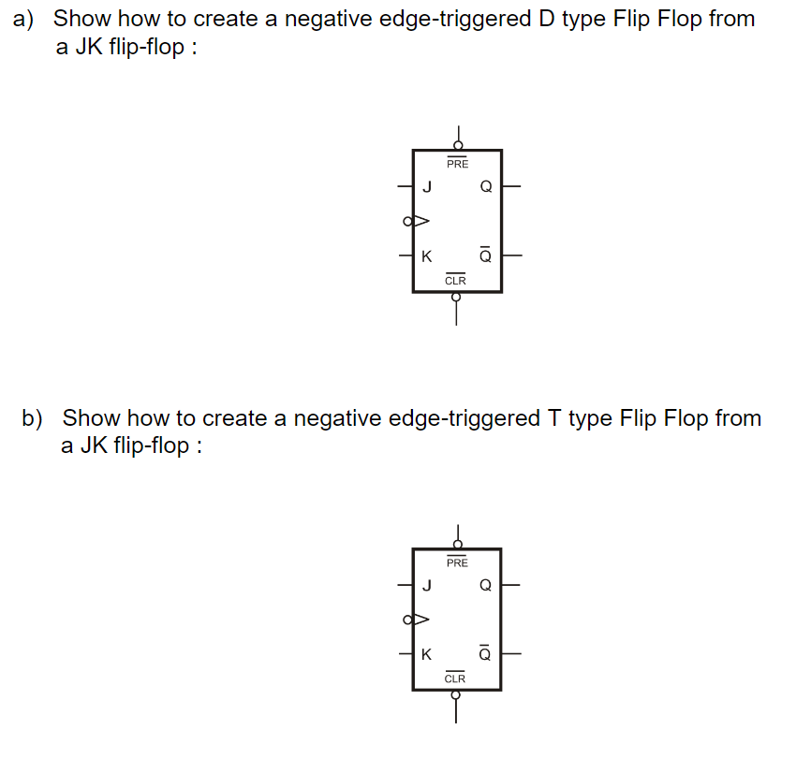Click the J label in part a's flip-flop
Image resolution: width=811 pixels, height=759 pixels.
[427, 186]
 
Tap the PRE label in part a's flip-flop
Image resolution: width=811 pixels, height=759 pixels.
[457, 164]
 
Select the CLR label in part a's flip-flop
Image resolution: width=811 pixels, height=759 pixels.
[456, 280]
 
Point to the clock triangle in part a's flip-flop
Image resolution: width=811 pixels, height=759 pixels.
[421, 222]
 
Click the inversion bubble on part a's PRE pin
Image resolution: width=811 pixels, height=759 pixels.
[457, 145]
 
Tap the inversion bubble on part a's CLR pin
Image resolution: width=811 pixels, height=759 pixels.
[457, 297]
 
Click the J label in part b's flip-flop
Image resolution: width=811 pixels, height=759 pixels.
[427, 586]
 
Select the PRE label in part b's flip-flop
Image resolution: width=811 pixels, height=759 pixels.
[457, 562]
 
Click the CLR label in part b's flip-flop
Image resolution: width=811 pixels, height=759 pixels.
[456, 679]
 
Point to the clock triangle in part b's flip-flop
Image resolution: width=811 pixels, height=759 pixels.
[421, 620]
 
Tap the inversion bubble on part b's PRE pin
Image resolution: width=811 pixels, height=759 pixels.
[457, 544]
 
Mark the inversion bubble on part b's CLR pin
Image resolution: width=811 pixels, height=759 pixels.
[457, 695]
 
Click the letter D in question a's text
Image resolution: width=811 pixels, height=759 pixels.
[548, 19]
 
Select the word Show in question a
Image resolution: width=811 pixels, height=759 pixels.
[81, 19]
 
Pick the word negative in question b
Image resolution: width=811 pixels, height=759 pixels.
[333, 417]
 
